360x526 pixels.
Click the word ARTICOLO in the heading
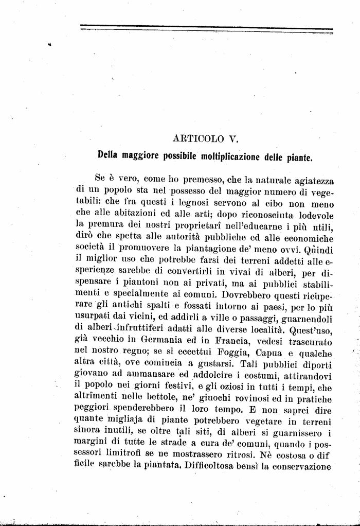click(x=197, y=138)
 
